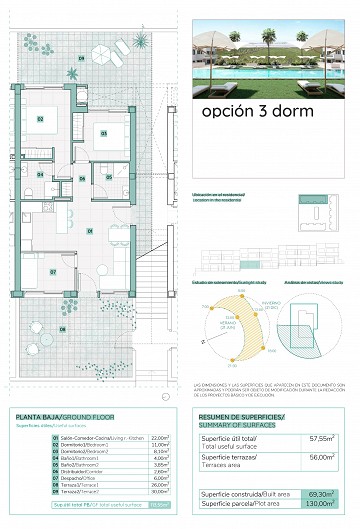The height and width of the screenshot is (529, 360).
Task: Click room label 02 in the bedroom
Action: [41, 119]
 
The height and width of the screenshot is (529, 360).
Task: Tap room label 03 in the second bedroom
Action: [100, 131]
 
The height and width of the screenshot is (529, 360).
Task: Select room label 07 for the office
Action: [41, 270]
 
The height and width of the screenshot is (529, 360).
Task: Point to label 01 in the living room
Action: [89, 231]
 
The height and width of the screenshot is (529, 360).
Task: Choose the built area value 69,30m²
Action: [320, 493]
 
